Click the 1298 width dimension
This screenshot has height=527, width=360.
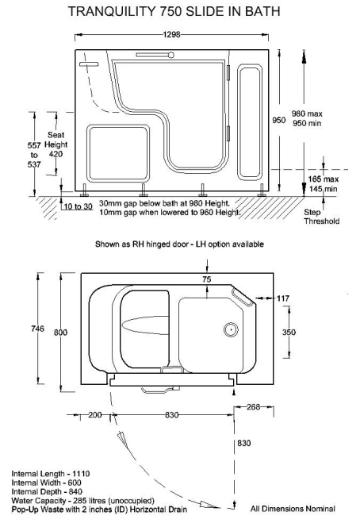click(171, 34)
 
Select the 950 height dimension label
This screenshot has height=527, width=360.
click(279, 120)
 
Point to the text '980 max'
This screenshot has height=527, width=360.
click(307, 113)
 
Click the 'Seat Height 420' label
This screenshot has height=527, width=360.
click(56, 144)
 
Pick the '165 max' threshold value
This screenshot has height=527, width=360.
click(324, 179)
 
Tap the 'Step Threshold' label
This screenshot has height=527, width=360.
click(321, 217)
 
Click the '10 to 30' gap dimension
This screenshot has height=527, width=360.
click(78, 206)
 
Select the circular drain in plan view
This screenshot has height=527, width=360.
click(231, 329)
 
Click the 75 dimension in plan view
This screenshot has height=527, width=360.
click(207, 279)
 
